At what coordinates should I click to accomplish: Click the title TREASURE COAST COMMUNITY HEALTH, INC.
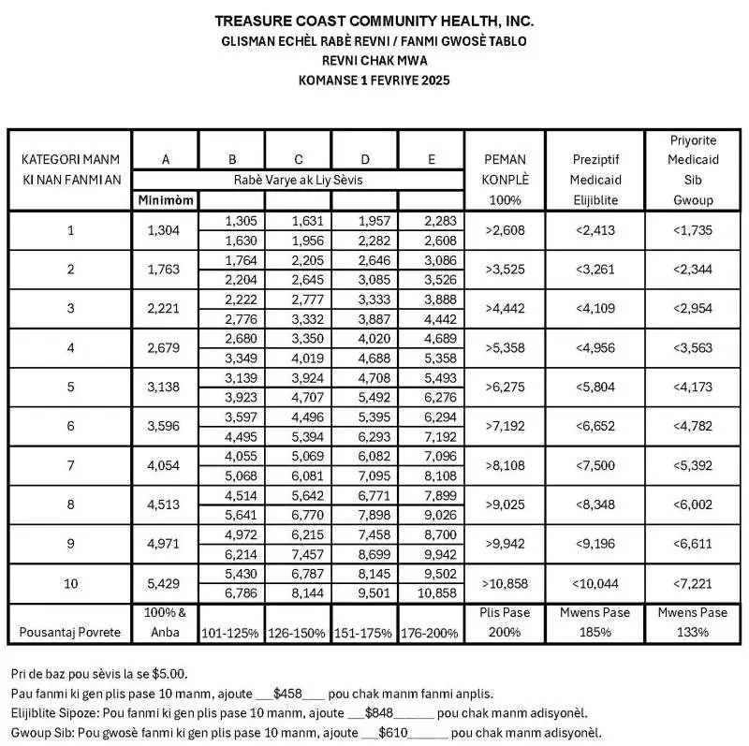pyautogui.click(x=374, y=21)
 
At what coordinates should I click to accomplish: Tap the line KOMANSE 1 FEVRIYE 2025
pyautogui.click(x=374, y=81)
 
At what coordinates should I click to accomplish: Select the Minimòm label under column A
pyautogui.click(x=166, y=199)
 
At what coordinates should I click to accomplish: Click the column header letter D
pyautogui.click(x=365, y=159)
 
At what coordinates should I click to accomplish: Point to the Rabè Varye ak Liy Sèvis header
pyautogui.click(x=299, y=180)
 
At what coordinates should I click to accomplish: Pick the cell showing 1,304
pyautogui.click(x=166, y=230)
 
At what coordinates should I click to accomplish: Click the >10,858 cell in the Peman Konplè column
pyautogui.click(x=506, y=583)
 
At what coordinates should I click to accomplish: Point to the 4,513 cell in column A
pyautogui.click(x=166, y=505)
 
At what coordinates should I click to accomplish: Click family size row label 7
pyautogui.click(x=71, y=465)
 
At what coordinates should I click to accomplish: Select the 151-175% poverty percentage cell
pyautogui.click(x=365, y=633)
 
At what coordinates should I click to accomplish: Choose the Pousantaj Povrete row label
pyautogui.click(x=71, y=632)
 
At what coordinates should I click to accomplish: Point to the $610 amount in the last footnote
pyautogui.click(x=393, y=733)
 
